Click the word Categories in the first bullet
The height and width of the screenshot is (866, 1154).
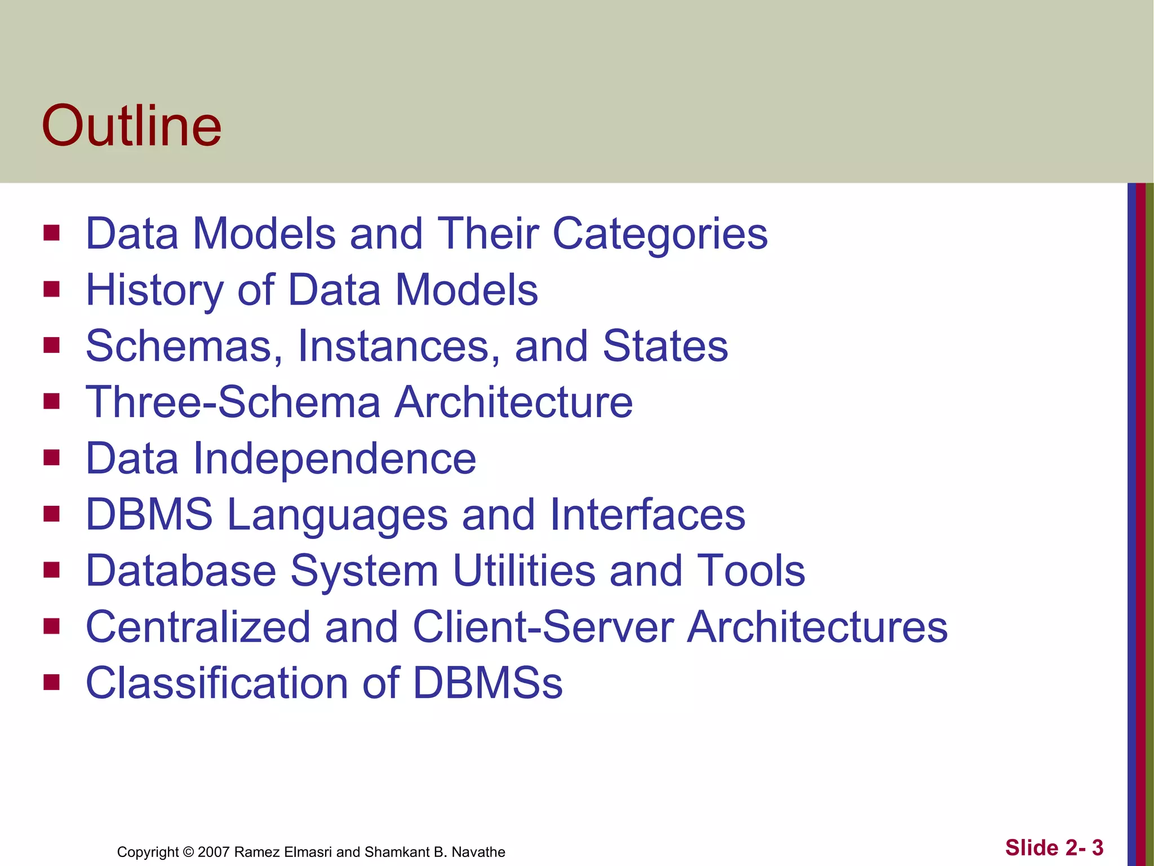click(660, 234)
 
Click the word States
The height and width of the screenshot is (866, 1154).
click(665, 346)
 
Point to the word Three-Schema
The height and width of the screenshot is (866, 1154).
click(233, 403)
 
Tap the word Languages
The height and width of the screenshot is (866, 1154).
click(337, 515)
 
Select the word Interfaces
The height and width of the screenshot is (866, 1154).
click(647, 515)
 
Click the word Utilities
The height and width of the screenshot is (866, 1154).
click(523, 571)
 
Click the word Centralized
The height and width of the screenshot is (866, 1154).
click(198, 628)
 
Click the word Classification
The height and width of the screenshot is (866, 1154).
click(217, 683)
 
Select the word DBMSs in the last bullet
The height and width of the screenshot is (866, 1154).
click(487, 683)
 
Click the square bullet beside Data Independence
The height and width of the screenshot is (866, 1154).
click(51, 457)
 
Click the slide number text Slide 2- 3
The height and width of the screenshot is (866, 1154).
click(1054, 847)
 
